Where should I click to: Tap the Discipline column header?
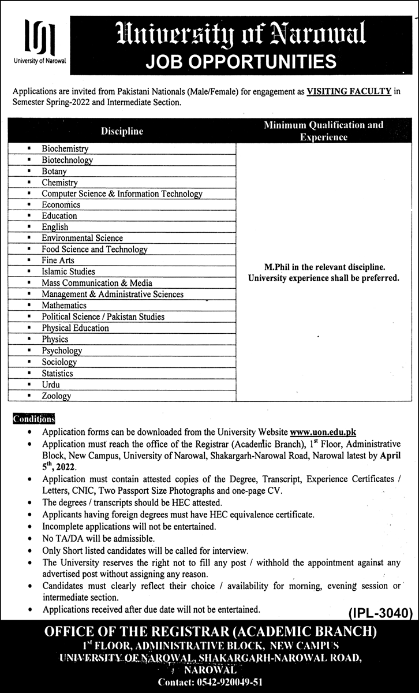(x=122, y=131)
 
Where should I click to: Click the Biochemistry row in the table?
(x=65, y=148)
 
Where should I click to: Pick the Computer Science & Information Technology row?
(x=122, y=193)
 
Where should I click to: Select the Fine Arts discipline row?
(x=58, y=260)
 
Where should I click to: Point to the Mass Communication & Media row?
(x=97, y=283)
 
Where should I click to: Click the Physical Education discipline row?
(x=75, y=328)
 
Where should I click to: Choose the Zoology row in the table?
(x=56, y=396)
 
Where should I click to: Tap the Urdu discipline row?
(x=51, y=385)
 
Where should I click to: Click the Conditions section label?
(x=33, y=419)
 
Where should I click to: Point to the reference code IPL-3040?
(x=381, y=612)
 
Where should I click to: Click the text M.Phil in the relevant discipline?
(x=323, y=267)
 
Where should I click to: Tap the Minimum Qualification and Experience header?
(x=323, y=131)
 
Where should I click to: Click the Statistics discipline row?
(x=57, y=373)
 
